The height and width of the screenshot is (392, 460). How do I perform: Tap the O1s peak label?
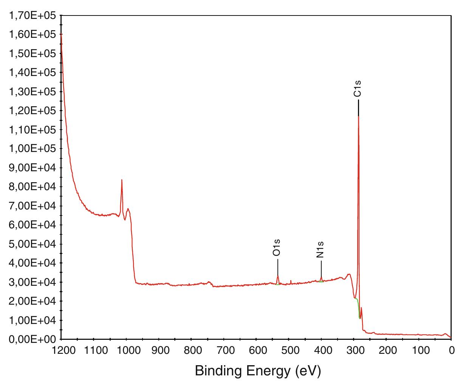tap(277, 248)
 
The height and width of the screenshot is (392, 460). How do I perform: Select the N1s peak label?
tap(321, 249)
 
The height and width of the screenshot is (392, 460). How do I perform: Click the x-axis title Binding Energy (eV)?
tap(258, 371)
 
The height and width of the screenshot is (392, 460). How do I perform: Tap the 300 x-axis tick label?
tap(354, 350)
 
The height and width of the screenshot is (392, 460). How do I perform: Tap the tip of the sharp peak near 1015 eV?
tap(122, 180)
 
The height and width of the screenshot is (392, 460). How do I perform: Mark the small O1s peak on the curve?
tap(278, 276)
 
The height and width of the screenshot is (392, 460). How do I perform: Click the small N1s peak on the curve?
tap(321, 278)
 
